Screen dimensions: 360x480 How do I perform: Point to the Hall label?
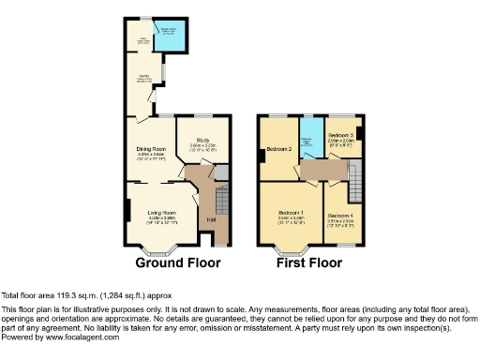pyautogui.click(x=210, y=220)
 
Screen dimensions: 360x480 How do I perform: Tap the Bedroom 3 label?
pyautogui.click(x=340, y=136)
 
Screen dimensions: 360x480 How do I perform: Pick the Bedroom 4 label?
pyautogui.click(x=339, y=216)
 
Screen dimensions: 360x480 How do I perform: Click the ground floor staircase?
pyautogui.click(x=223, y=201)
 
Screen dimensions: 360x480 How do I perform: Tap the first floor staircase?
pyautogui.click(x=355, y=178)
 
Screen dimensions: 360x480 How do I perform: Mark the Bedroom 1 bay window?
pyautogui.click(x=292, y=250)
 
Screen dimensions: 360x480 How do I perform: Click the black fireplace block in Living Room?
pyautogui.click(x=127, y=208)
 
